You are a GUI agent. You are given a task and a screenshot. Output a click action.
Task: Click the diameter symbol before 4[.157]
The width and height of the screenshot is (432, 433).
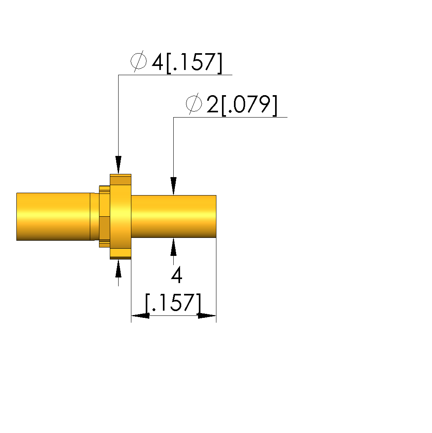pyautogui.click(x=139, y=61)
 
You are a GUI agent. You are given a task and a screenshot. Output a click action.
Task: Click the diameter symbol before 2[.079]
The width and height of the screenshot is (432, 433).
pyautogui.click(x=194, y=104)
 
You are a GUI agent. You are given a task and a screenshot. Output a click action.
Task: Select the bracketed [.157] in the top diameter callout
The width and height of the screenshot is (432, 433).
pyautogui.click(x=194, y=63)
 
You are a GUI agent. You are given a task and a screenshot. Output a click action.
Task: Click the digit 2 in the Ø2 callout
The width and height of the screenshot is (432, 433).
pyautogui.click(x=212, y=104)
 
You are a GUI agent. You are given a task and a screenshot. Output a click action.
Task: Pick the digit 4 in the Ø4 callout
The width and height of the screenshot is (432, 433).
pyautogui.click(x=158, y=62)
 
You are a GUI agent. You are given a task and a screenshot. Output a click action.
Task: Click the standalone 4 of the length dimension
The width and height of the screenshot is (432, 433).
pyautogui.click(x=177, y=275)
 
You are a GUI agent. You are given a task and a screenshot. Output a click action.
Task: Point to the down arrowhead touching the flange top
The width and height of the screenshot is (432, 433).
pyautogui.click(x=118, y=165)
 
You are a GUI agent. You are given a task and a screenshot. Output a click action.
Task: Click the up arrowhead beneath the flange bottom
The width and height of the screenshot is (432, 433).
pyautogui.click(x=118, y=268)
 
